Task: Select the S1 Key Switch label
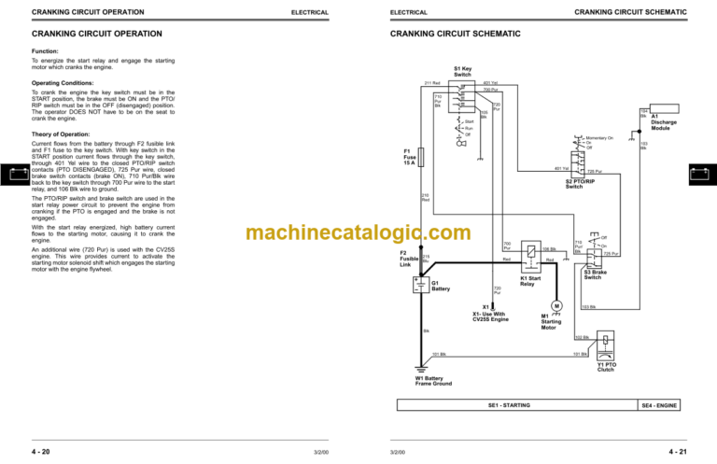tap(463, 71)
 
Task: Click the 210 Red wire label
tap(426, 198)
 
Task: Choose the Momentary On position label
tap(598, 137)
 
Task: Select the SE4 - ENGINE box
tap(659, 405)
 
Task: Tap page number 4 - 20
tap(41, 450)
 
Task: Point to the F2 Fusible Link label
tap(409, 259)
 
